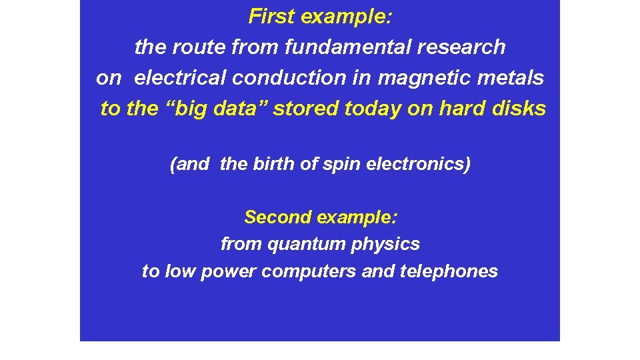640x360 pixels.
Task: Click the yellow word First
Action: pyautogui.click(x=273, y=17)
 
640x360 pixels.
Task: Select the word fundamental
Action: pyautogui.click(x=333, y=47)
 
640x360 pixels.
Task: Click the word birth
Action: pyautogui.click(x=274, y=164)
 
